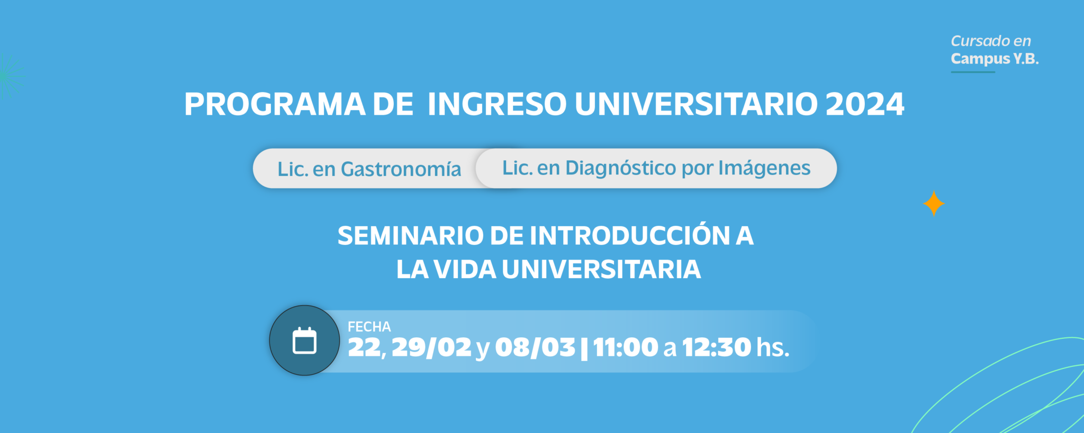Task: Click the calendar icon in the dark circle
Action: click(x=304, y=340)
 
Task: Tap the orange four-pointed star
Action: click(x=934, y=204)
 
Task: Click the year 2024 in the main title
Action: click(x=865, y=104)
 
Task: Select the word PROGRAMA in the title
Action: click(x=275, y=104)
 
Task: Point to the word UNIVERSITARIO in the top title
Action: click(x=696, y=104)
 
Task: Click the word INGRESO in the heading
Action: click(x=497, y=104)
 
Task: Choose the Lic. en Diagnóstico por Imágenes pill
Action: click(x=656, y=168)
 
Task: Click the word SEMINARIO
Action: click(x=410, y=236)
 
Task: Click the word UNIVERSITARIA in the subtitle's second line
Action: click(x=601, y=270)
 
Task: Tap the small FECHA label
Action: click(x=369, y=327)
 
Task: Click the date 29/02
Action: click(x=431, y=347)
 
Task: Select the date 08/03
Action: click(x=535, y=347)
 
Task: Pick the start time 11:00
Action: click(x=626, y=347)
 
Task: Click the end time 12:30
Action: click(x=717, y=347)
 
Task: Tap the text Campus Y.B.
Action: click(x=995, y=59)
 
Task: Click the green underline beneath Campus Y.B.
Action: click(x=973, y=72)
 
